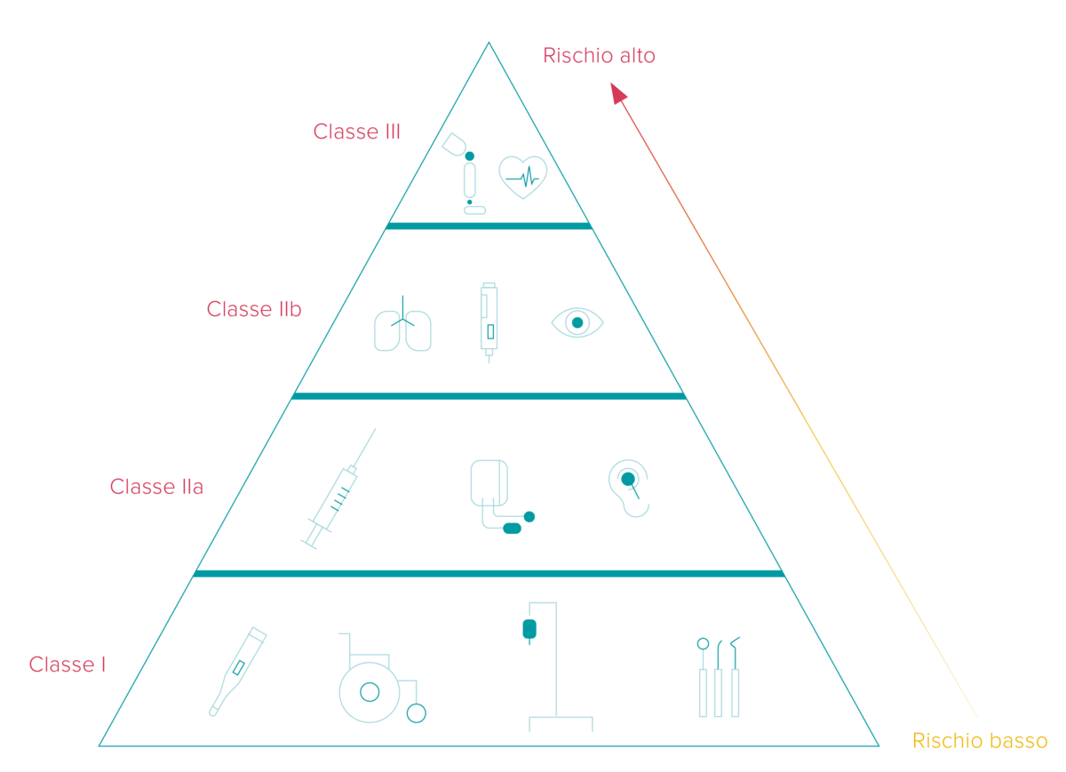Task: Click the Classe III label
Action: pos(356,131)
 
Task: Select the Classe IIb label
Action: pos(254,309)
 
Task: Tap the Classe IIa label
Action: pos(156,487)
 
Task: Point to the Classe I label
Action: pos(68,665)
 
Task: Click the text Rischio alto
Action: pos(599,56)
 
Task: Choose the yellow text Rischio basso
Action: pos(980,741)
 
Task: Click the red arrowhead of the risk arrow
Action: pos(617,92)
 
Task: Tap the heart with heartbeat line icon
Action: pos(523,177)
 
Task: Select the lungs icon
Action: pos(402,323)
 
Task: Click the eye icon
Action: pos(577,322)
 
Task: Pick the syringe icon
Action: pos(338,489)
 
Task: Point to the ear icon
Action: pos(629,488)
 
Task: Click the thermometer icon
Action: pos(238,672)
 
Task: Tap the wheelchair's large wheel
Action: pos(370,693)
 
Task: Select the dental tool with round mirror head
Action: pos(703,677)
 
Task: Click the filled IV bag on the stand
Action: pos(529,629)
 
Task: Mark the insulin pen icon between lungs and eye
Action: pos(489,322)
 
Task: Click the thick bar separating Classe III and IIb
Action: pos(489,226)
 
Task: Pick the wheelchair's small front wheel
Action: pos(417,713)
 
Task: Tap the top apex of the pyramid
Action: pos(489,43)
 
